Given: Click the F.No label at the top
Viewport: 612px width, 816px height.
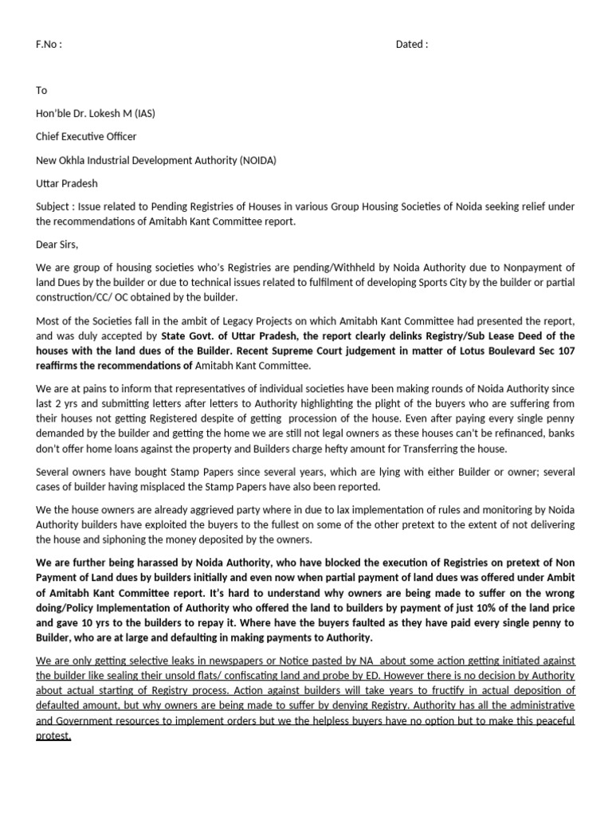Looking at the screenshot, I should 49,45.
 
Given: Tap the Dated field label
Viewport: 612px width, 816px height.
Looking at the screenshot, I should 411,45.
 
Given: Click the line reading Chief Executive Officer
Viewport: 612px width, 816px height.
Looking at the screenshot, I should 86,136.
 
